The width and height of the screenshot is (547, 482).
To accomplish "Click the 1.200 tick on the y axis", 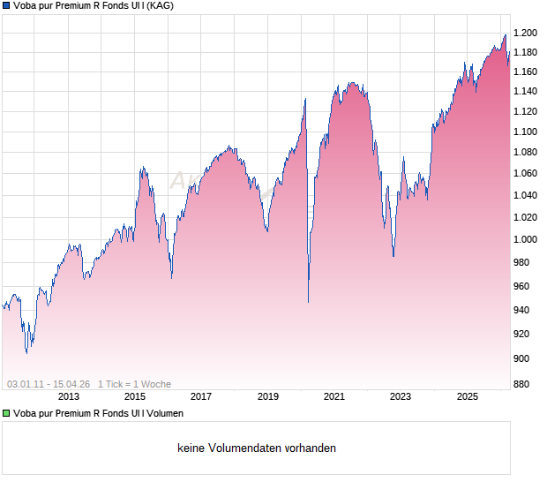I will (x=526, y=33).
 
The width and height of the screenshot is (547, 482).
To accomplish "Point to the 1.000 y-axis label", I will (x=526, y=239).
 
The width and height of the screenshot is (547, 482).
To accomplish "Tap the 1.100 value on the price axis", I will (x=526, y=132).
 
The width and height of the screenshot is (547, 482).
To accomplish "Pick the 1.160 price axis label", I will (x=526, y=72).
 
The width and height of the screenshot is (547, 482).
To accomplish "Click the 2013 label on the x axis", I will (x=68, y=396).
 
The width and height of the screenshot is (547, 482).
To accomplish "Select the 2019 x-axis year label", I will (x=268, y=396).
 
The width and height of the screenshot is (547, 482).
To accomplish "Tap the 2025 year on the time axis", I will (x=468, y=396).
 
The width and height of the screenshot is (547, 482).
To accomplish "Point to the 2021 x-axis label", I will (x=334, y=396).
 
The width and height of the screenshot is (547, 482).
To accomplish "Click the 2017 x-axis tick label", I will (x=201, y=396).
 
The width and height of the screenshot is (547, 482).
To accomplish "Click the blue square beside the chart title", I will (x=6, y=6).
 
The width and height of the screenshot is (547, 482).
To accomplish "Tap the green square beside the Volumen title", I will (x=6, y=413).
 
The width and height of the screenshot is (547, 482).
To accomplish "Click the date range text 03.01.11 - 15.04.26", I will (x=49, y=384).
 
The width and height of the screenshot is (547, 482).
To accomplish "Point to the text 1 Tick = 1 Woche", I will (x=134, y=384).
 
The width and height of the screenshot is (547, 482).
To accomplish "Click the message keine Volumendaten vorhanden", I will (x=257, y=448).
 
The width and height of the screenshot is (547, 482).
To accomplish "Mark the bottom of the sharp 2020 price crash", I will (x=308, y=302).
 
